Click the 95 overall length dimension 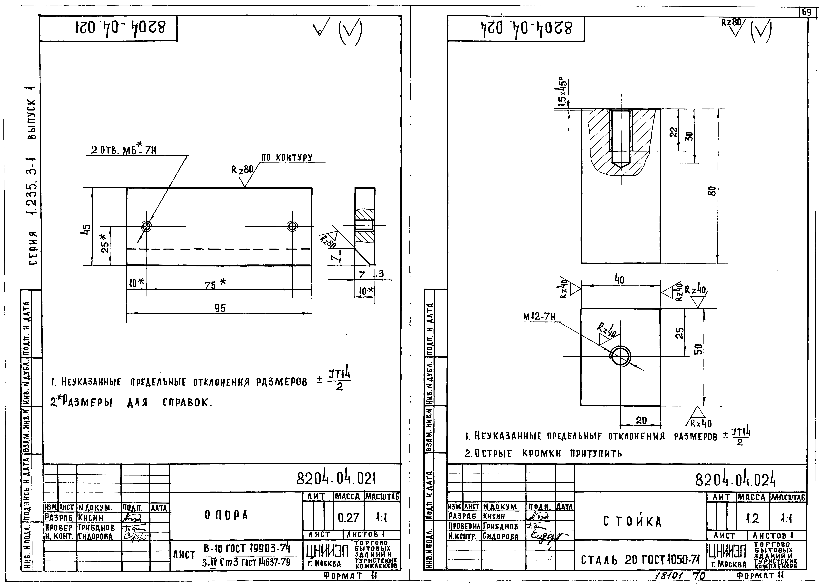[220, 308]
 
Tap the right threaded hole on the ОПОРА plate [292, 226]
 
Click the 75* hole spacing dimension [215, 284]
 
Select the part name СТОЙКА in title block [632, 521]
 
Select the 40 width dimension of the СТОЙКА [619, 280]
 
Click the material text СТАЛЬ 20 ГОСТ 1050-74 [640, 560]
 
